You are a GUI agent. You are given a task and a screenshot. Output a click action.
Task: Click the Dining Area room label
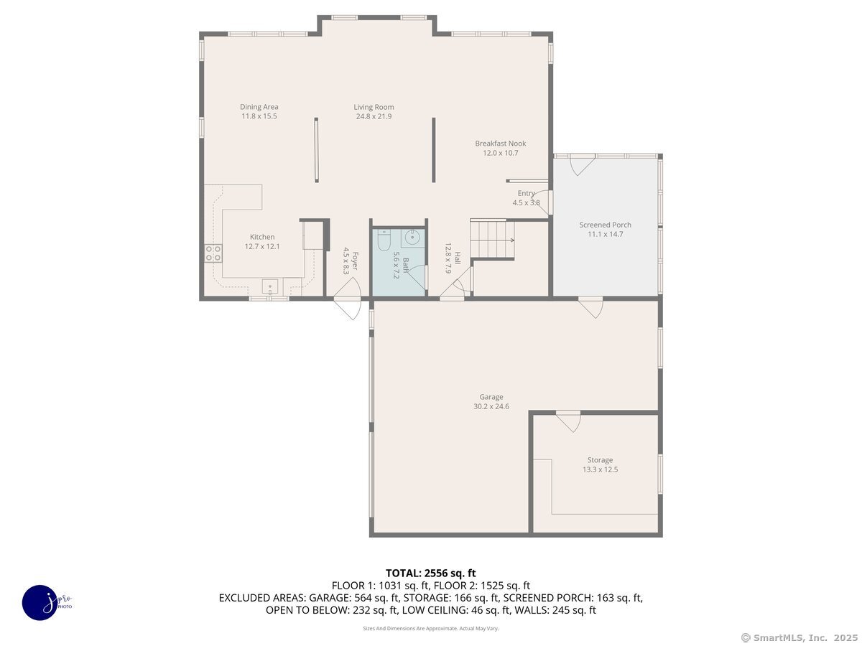[259, 107]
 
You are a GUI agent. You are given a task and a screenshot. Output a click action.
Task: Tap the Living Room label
[374, 107]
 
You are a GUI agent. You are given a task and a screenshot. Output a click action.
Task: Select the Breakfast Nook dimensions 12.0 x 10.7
[500, 153]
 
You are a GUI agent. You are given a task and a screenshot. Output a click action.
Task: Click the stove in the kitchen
[213, 253]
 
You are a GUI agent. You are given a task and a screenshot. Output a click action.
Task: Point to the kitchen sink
[270, 286]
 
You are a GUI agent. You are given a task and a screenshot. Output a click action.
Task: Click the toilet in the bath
[383, 240]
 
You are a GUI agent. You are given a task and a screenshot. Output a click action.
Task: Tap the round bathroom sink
[412, 237]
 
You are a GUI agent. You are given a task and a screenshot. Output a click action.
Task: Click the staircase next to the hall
[492, 239]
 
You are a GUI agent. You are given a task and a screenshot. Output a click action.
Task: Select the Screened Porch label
[605, 225]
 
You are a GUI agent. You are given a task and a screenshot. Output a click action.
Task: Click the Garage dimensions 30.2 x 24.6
[491, 406]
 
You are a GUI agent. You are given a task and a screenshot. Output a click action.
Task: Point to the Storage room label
[600, 459]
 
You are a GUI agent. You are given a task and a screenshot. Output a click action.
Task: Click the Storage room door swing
[569, 421]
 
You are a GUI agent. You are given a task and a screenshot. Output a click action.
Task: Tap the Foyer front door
[348, 298]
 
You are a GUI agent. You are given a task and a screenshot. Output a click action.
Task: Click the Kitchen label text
[262, 237]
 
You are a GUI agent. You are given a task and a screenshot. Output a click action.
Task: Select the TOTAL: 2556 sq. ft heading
[430, 574]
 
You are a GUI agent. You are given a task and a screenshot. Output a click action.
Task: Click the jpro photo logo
[40, 603]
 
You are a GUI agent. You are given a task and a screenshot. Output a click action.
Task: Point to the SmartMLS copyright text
[800, 638]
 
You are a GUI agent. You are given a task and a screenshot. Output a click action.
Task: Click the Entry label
[526, 193]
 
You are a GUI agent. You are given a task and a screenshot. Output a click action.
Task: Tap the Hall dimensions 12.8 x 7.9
[448, 258]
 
